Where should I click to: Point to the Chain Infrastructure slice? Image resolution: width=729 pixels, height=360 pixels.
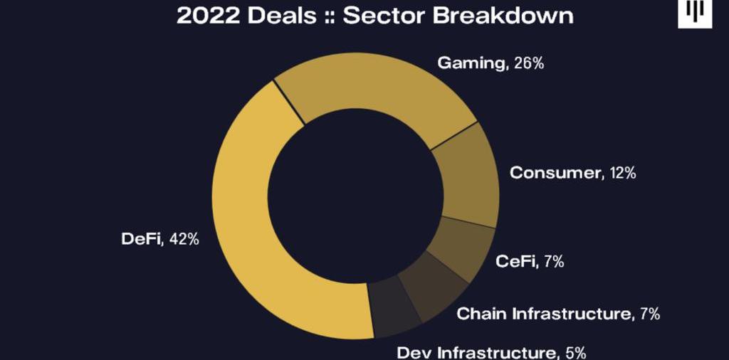click(430, 280)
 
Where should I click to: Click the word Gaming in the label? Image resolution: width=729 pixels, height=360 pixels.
click(470, 63)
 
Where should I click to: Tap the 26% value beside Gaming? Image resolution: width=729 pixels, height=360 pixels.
click(529, 63)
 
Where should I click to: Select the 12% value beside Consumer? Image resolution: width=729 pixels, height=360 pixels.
click(623, 172)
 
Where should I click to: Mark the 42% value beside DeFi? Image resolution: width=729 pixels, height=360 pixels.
click(184, 239)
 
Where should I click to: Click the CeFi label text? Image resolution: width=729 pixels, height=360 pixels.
click(515, 262)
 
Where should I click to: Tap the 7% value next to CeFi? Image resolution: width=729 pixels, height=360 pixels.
click(553, 262)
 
